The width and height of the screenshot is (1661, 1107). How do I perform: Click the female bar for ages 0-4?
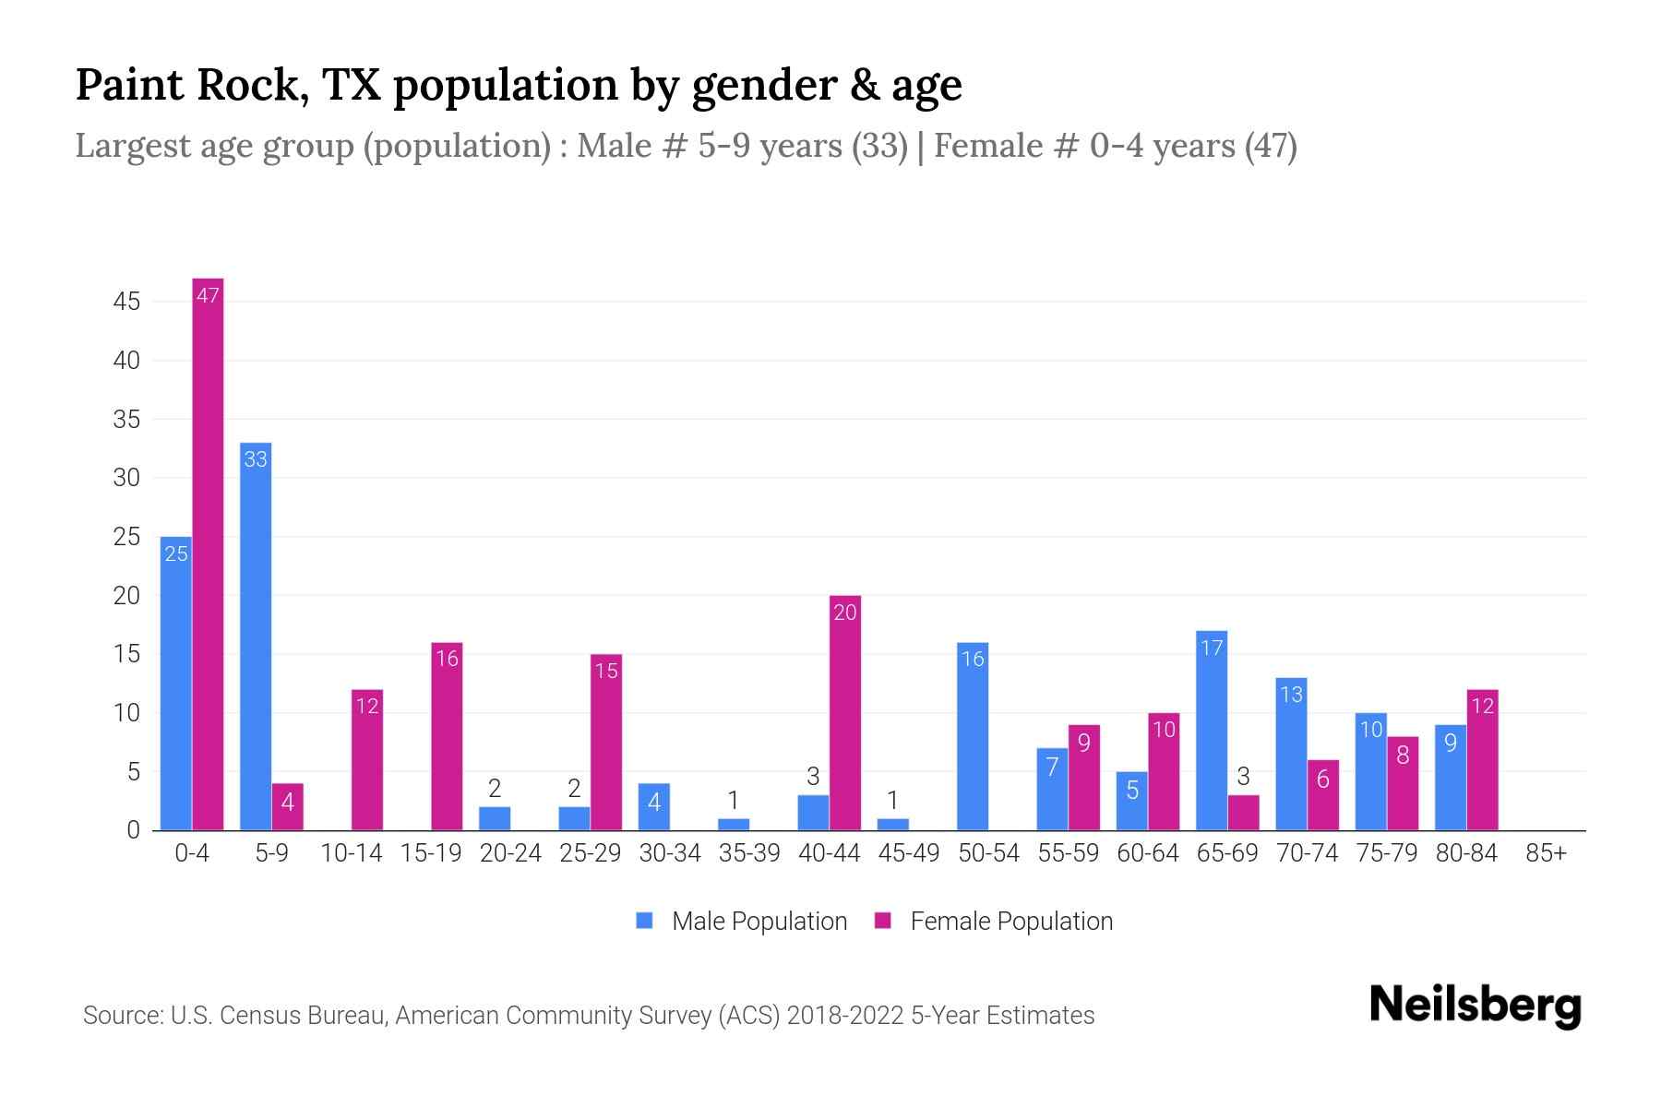pos(208,553)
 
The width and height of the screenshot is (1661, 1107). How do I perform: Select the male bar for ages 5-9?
pos(256,637)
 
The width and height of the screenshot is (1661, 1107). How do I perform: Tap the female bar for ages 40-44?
pos(844,715)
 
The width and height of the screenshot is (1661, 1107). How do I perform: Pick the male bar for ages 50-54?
pos(973,738)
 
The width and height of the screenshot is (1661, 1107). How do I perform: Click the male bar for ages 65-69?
pos(1212,733)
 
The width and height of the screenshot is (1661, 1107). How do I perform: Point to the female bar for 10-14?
pos(367,761)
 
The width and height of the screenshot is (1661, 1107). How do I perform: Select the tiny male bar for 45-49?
pos(892,824)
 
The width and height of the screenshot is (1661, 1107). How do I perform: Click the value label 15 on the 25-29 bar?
pos(606,671)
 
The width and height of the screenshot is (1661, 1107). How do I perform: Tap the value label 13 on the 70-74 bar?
pos(1291,694)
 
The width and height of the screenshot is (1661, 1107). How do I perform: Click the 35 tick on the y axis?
pos(126,420)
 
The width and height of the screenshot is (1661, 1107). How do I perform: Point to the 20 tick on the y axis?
pos(126,596)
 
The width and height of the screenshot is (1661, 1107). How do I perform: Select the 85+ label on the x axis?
pos(1546,853)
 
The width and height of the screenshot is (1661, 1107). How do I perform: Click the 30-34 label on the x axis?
pos(670,853)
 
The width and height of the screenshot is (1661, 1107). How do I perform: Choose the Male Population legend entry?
pos(759,921)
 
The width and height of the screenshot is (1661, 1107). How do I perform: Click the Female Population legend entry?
pos(1010,921)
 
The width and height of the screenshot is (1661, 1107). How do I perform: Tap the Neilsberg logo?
pos(1475,1006)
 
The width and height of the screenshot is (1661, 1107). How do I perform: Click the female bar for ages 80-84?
pos(1482,761)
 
